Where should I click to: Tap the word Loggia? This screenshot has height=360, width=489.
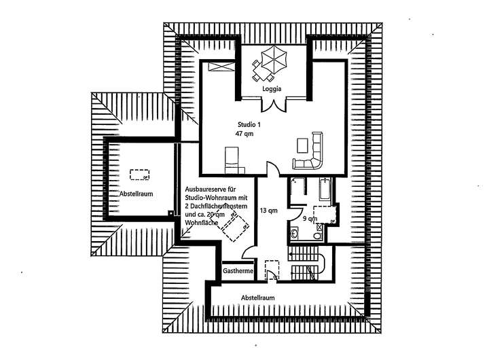[x=272, y=89]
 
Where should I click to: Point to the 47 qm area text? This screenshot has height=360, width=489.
[x=245, y=134]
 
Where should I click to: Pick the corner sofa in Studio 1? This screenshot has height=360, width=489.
[x=312, y=154]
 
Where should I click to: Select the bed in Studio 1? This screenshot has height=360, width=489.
[x=234, y=158]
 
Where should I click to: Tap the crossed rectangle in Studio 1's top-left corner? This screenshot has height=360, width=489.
[x=219, y=67]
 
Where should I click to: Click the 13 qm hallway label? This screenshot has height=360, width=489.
[x=269, y=211]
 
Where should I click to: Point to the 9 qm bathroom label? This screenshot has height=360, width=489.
[x=309, y=219]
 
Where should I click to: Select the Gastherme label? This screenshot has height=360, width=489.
[x=238, y=271]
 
